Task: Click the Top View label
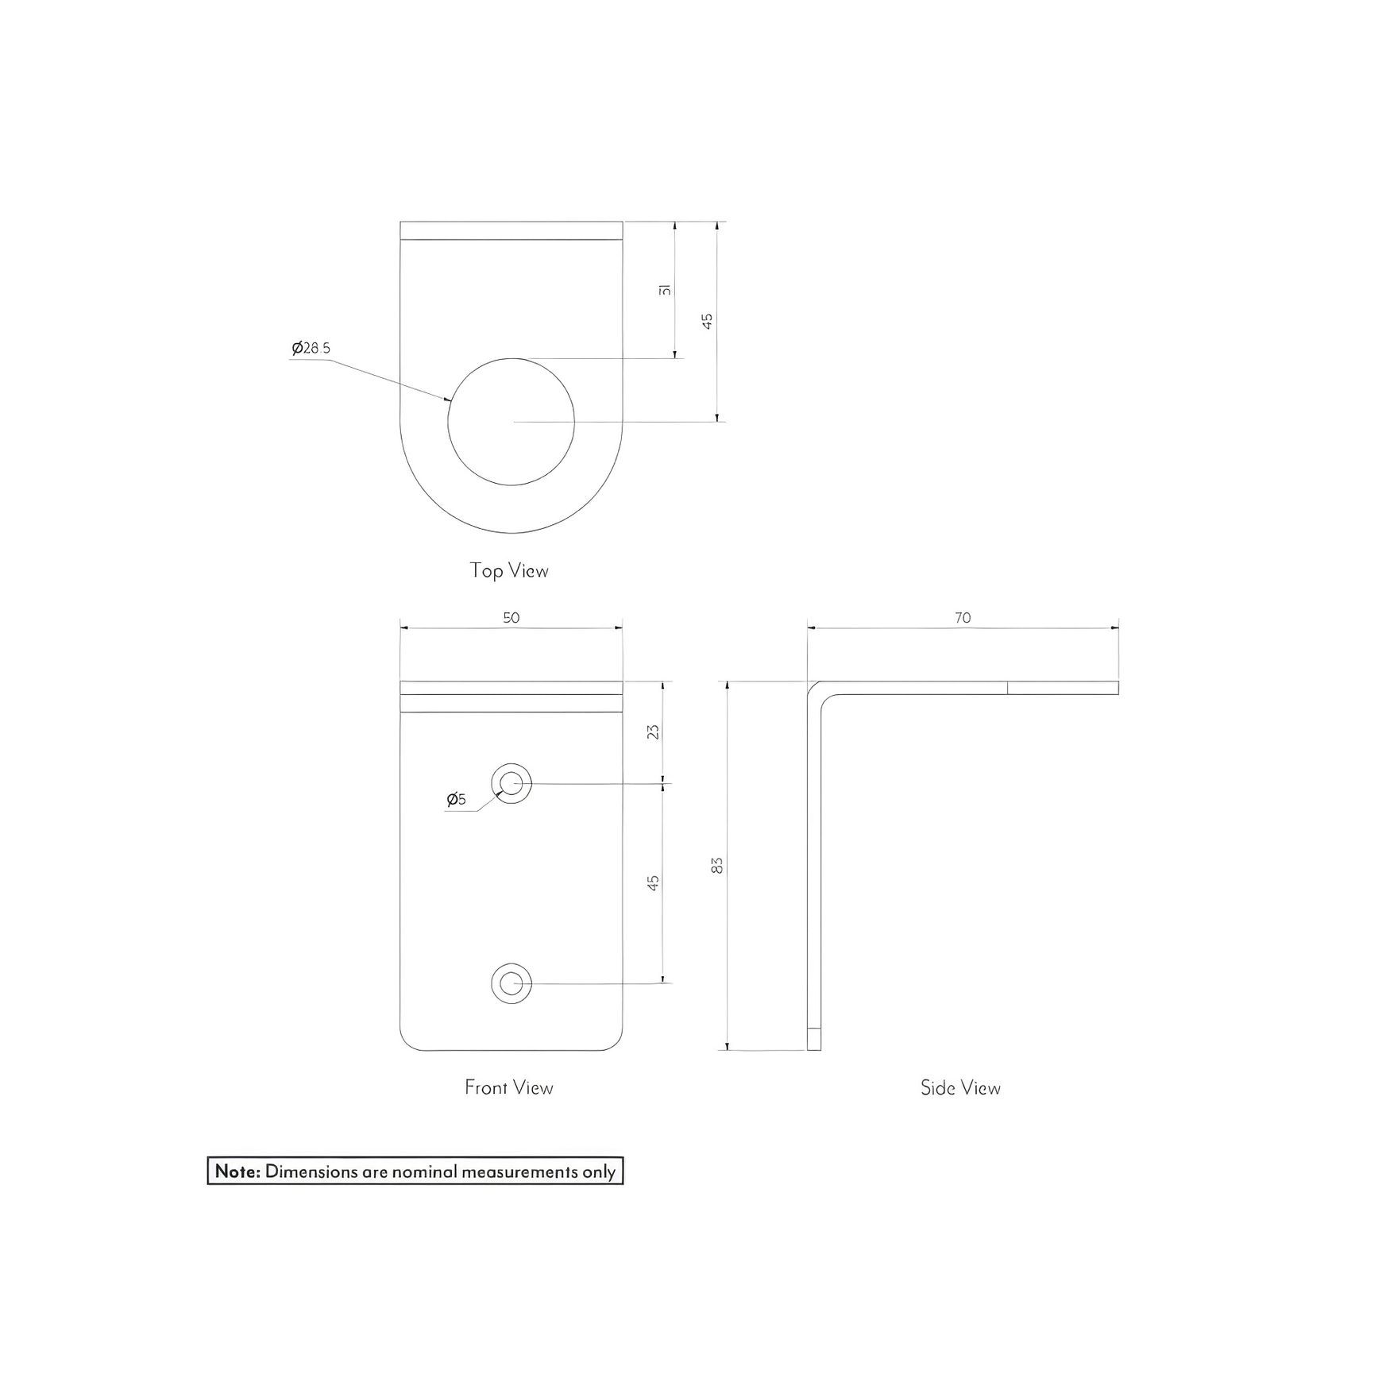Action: (509, 570)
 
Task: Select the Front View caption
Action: (509, 1087)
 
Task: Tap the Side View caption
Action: (961, 1087)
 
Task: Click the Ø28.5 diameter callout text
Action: (311, 348)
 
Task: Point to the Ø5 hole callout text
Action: (457, 799)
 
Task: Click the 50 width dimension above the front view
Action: (511, 617)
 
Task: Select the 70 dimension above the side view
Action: (963, 617)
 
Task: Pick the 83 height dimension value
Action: (718, 865)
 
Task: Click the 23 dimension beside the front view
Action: (654, 732)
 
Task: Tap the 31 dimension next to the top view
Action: (666, 291)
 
